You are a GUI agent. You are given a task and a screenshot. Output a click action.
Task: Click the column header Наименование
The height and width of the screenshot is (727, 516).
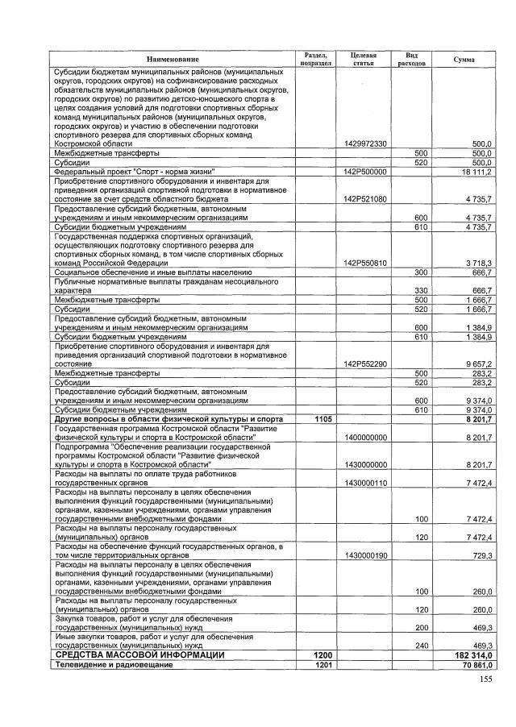pos(172,60)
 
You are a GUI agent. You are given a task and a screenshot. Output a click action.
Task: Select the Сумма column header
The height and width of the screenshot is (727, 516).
pos(464,60)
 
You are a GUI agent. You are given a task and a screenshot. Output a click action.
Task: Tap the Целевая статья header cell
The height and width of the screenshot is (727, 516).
pos(364,59)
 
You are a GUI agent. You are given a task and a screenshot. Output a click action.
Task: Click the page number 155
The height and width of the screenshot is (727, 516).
pos(485,679)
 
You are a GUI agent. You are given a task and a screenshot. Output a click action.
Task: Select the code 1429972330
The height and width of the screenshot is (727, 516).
pos(365,143)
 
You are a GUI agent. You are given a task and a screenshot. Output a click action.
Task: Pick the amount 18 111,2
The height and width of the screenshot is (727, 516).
pos(476,172)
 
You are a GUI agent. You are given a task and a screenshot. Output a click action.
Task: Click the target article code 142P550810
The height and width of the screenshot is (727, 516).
pos(365,263)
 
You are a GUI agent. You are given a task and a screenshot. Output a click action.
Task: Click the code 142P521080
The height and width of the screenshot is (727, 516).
pos(365,198)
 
